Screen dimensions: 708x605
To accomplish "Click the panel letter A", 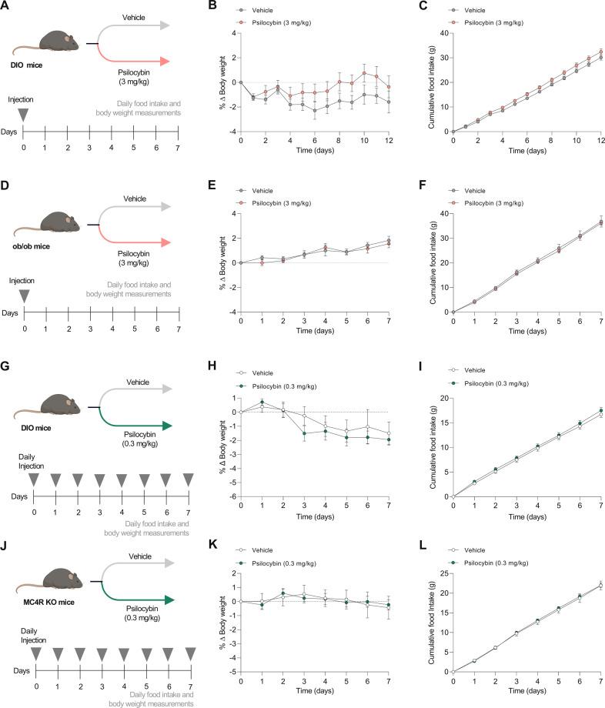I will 6,7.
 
